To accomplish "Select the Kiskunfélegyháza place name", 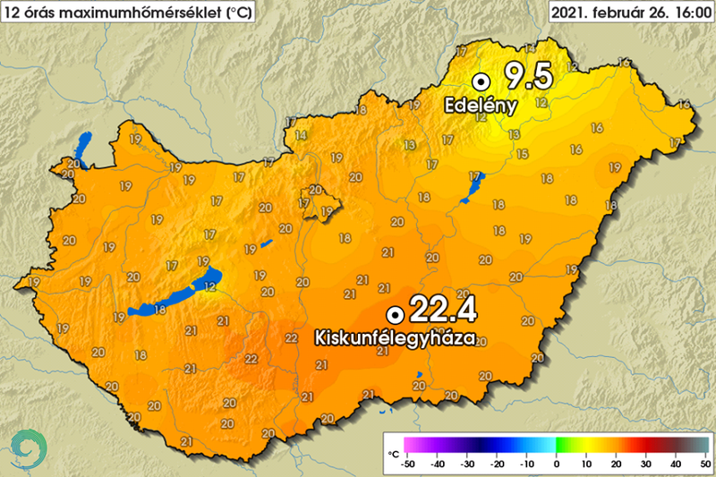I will tap(394, 339).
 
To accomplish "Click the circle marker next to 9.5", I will tap(481, 79).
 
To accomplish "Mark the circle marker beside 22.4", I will tap(393, 314).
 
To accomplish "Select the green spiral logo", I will tap(29, 445).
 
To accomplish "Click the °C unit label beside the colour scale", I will tap(393, 455).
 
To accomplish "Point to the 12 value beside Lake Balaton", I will tap(209, 286).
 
